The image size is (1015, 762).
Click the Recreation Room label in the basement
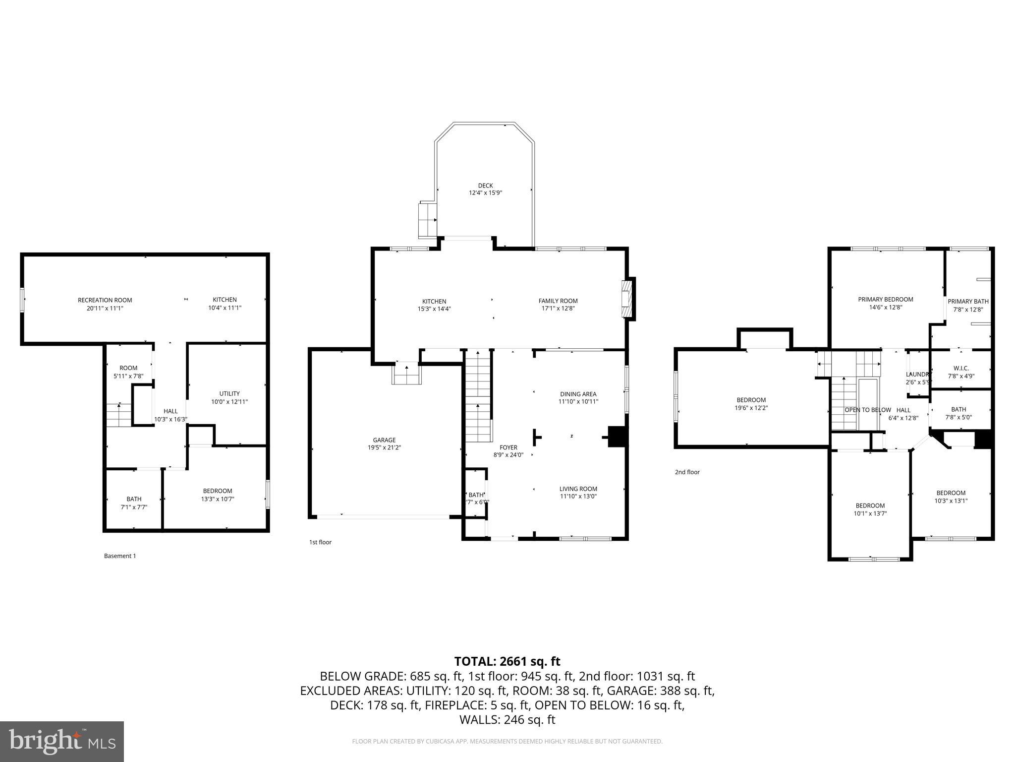(x=105, y=300)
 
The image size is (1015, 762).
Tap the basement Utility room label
(x=229, y=393)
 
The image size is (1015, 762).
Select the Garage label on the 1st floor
(x=384, y=440)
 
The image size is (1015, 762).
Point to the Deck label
(x=485, y=186)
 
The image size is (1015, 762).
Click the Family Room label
(x=558, y=301)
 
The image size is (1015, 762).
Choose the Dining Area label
(x=578, y=394)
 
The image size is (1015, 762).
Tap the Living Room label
(x=578, y=489)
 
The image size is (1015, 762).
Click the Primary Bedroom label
(x=885, y=299)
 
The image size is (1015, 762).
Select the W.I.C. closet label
(x=961, y=369)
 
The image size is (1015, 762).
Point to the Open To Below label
(x=867, y=410)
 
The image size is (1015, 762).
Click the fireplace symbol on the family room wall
(x=627, y=298)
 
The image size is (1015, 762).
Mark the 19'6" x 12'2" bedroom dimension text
(x=751, y=408)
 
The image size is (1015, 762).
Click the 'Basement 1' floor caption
(x=119, y=556)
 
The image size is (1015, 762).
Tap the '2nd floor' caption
(x=687, y=472)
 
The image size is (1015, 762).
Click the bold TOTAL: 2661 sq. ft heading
(x=507, y=661)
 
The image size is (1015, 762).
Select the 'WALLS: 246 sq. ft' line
(x=507, y=720)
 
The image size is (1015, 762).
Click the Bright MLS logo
(x=62, y=741)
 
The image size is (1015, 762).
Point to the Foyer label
(x=508, y=447)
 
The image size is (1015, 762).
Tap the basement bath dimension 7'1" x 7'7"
(x=134, y=507)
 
